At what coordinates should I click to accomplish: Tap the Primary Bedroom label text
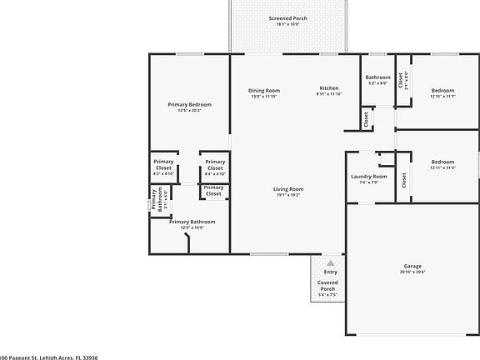(x=189, y=104)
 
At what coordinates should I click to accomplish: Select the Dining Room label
(x=263, y=90)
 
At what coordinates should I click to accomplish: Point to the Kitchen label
(x=329, y=89)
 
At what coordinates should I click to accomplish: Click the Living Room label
(x=288, y=189)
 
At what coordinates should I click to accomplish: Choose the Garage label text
(x=412, y=266)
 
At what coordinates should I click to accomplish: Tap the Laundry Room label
(x=368, y=177)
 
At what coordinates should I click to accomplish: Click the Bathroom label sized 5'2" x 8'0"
(x=377, y=77)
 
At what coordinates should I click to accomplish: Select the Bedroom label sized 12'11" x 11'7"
(x=442, y=90)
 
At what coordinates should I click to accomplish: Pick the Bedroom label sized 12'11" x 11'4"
(x=442, y=162)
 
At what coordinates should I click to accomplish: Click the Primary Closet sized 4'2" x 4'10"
(x=163, y=167)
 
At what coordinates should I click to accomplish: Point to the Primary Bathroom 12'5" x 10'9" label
(x=192, y=222)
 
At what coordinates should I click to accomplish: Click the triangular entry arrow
(x=330, y=262)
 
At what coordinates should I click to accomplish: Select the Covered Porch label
(x=327, y=285)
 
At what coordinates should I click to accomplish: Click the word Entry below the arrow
(x=330, y=272)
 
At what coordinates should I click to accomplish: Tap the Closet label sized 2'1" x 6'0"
(x=401, y=81)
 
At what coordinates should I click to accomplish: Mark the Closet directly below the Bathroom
(x=367, y=120)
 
